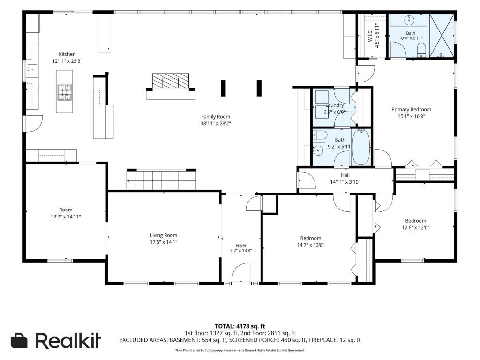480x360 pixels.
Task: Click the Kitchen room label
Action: (67, 54)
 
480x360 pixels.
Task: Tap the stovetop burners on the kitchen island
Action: (64, 92)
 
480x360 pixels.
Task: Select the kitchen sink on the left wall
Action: (32, 70)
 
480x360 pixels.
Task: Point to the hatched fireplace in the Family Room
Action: (171, 81)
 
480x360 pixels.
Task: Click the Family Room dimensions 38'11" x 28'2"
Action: (216, 123)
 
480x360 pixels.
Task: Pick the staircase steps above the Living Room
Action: (161, 180)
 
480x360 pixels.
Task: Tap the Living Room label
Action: (164, 235)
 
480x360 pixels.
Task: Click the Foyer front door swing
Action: (241, 272)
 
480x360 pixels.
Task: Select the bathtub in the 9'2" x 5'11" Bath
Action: (361, 147)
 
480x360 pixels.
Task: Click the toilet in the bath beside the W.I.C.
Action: (421, 50)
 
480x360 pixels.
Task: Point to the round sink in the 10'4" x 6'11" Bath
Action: (409, 20)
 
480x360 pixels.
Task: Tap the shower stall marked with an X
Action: (442, 36)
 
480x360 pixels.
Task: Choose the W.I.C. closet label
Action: (370, 36)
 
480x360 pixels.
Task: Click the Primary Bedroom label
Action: (411, 109)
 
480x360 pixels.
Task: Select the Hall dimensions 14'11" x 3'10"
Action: (345, 182)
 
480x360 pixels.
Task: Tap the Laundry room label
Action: (334, 105)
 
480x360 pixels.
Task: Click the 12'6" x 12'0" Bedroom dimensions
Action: (416, 227)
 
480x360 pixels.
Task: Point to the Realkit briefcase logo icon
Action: (19, 340)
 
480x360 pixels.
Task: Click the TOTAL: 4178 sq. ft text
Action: (240, 326)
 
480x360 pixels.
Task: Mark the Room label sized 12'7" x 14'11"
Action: (66, 210)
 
